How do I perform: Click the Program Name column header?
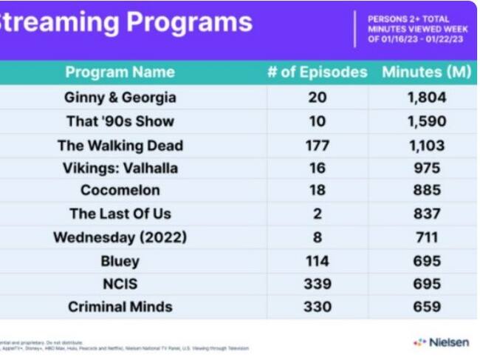[120, 72]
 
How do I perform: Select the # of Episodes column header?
[317, 72]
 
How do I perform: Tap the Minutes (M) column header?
[427, 72]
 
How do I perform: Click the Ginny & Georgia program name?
[120, 98]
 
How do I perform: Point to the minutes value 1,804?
[427, 98]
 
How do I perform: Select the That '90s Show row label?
[120, 121]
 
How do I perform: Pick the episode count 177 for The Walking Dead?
[317, 145]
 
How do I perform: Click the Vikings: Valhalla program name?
[120, 168]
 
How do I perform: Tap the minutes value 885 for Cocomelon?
[427, 191]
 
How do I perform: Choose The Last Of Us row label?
[120, 214]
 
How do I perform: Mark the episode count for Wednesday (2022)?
[317, 237]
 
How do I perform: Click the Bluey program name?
[120, 260]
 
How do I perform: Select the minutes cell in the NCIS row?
[427, 283]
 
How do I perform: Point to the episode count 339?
[317, 283]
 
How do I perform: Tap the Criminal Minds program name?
[120, 306]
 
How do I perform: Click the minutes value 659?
[427, 306]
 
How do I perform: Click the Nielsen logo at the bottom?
[441, 342]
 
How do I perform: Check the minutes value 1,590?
[427, 121]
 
